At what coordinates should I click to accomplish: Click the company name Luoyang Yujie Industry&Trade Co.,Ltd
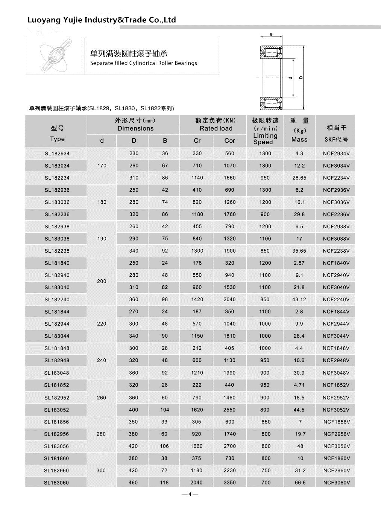point(102,20)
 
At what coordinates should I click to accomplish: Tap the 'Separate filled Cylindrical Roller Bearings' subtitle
point(143,63)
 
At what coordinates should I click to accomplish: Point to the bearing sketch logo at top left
point(55,56)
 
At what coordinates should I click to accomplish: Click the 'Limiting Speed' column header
point(265,139)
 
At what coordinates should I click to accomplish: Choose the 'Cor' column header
point(229,141)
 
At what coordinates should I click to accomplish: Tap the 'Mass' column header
point(299,139)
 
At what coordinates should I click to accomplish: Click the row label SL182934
point(57,154)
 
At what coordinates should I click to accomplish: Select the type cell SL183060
point(56,483)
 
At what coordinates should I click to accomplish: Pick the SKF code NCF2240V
point(336,300)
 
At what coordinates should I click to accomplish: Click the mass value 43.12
point(299,300)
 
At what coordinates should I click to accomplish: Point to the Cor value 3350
point(229,483)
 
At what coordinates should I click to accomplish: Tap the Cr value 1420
point(197,300)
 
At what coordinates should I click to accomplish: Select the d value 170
point(102,166)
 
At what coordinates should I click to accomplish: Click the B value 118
point(164,483)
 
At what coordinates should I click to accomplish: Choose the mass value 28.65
point(299,178)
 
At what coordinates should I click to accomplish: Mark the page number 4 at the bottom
point(190,494)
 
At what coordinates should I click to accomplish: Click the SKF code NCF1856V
point(337,422)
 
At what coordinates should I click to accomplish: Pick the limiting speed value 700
point(266,483)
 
